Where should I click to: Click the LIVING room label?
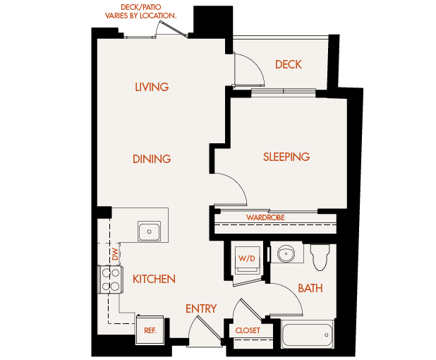152,88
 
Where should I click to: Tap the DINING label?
152,159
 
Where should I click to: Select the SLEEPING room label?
286,157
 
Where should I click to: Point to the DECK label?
288,65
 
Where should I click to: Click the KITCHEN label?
154,280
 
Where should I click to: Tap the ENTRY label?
200,309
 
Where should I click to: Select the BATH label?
310,288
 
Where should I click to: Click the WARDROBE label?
265,217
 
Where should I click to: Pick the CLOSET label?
248,330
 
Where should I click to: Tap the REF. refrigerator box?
150,330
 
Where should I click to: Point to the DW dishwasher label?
114,253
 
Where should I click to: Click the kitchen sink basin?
150,230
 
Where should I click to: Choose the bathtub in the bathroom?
307,333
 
